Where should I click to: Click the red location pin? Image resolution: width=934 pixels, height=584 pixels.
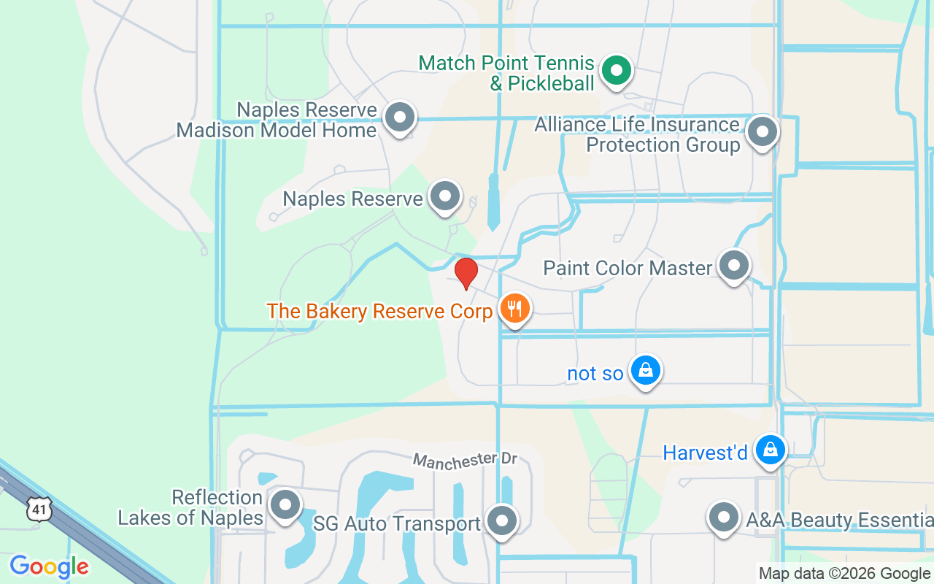pyautogui.click(x=466, y=273)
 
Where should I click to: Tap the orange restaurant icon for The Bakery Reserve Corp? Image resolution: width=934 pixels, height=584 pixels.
pyautogui.click(x=515, y=310)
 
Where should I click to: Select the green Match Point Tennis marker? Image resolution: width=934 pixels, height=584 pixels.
pyautogui.click(x=617, y=72)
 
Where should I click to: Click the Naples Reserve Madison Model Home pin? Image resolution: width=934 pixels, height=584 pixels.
pyautogui.click(x=399, y=118)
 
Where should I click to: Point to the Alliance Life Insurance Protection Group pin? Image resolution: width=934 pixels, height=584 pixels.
pyautogui.click(x=763, y=133)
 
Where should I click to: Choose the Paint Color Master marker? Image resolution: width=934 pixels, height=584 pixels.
pyautogui.click(x=734, y=266)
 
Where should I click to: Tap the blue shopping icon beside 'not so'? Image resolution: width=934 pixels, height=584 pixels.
pyautogui.click(x=646, y=371)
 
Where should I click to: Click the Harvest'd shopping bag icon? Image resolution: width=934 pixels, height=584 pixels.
pyautogui.click(x=770, y=450)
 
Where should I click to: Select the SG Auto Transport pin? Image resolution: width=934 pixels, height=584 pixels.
pyautogui.click(x=502, y=521)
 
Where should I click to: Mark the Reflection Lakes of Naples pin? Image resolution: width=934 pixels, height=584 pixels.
pyautogui.click(x=285, y=505)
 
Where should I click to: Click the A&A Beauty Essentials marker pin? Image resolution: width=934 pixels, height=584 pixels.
pyautogui.click(x=724, y=518)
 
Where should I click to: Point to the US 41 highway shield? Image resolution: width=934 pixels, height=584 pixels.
pyautogui.click(x=39, y=508)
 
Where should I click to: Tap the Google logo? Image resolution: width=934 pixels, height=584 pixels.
pyautogui.click(x=50, y=566)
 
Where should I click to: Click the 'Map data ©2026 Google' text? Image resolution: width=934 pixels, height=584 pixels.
pyautogui.click(x=844, y=574)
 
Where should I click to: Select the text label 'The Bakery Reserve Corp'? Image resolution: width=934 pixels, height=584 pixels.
pyautogui.click(x=379, y=311)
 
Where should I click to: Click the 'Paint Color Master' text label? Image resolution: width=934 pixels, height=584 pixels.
pyautogui.click(x=628, y=268)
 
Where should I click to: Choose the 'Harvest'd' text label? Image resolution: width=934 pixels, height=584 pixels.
pyautogui.click(x=705, y=453)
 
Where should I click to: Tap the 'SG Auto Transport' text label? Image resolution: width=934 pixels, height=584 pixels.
pyautogui.click(x=397, y=523)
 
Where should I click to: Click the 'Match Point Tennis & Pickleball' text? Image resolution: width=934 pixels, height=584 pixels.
pyautogui.click(x=507, y=73)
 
